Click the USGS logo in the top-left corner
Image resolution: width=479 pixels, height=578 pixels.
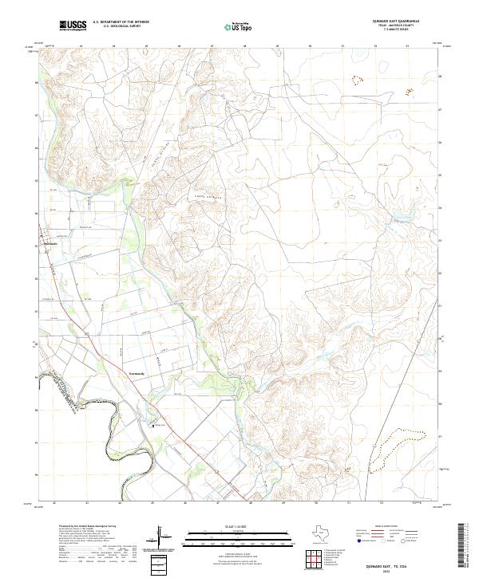(73, 26)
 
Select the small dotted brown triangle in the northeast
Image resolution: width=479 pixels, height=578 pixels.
(355, 79)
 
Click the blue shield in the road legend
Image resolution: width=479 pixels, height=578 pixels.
(362, 541)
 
